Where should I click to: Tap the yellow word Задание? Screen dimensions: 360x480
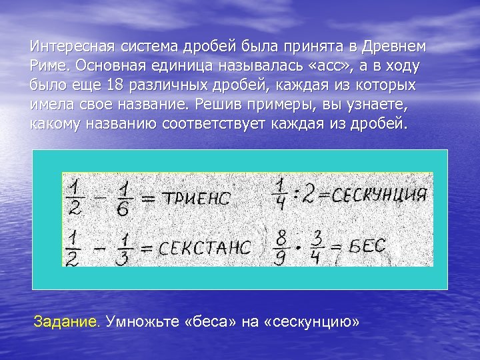click(x=67, y=322)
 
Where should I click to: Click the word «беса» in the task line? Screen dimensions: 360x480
click(x=213, y=322)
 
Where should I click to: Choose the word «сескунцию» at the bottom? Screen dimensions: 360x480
click(x=311, y=322)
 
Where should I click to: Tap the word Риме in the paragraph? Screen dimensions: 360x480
click(x=50, y=67)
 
